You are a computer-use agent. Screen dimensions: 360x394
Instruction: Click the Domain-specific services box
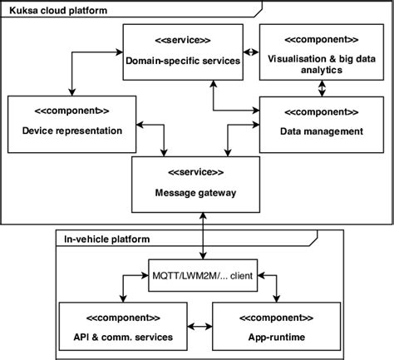180,51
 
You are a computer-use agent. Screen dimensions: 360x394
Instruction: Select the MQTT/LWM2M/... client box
202,271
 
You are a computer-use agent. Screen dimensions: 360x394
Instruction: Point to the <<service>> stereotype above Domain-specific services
180,40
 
